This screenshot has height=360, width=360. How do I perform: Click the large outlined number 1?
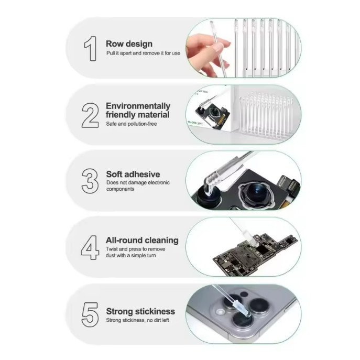(x=91, y=48)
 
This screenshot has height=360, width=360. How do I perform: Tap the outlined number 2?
(x=90, y=115)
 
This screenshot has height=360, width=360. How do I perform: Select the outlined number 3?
(x=90, y=181)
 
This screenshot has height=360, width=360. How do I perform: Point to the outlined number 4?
(x=90, y=247)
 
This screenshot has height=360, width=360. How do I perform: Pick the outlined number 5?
(x=90, y=314)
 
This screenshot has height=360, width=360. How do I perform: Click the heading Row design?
(x=129, y=43)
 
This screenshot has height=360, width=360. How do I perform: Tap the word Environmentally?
(x=138, y=106)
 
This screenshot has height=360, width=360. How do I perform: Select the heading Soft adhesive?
(x=133, y=174)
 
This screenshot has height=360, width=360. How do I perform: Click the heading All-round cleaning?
(x=142, y=240)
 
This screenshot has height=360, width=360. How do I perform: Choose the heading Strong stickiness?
(x=140, y=311)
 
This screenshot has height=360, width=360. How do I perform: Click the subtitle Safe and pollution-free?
(x=132, y=124)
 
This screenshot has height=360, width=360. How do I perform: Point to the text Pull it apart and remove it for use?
(x=143, y=53)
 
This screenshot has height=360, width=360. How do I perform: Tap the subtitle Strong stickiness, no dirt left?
(x=137, y=320)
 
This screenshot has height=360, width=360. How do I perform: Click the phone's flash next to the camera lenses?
(x=221, y=312)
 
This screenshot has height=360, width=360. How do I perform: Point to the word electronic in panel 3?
(x=159, y=182)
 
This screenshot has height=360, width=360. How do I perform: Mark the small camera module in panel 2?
(x=212, y=113)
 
